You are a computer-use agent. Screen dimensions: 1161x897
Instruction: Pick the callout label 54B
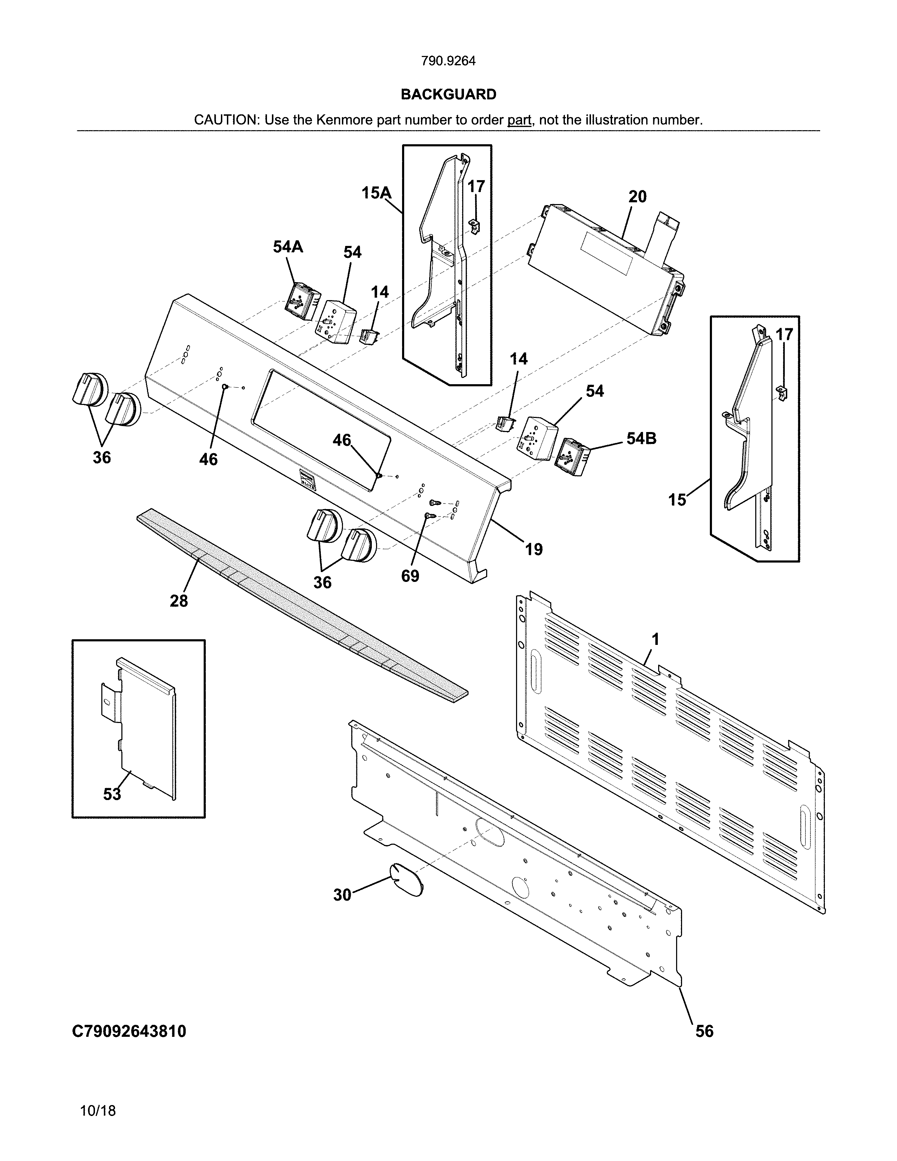tap(641, 439)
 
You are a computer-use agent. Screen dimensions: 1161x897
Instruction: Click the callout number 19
tap(534, 549)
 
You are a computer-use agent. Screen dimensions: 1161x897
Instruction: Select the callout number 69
tap(410, 576)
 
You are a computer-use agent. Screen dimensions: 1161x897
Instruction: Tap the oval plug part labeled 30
tap(407, 881)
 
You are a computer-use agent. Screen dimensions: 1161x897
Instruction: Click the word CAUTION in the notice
tap(225, 120)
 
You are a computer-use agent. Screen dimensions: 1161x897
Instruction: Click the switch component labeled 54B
tap(571, 456)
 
